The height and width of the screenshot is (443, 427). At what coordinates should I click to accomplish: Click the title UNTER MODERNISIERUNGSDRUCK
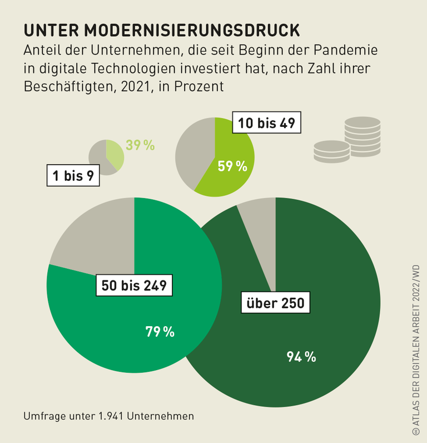(161, 30)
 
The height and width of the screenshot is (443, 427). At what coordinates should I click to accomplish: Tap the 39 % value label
(140, 145)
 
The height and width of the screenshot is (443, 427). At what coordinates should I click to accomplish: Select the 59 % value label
(232, 166)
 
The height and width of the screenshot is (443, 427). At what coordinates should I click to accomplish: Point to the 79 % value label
(160, 332)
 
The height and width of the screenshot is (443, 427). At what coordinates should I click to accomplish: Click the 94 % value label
(301, 357)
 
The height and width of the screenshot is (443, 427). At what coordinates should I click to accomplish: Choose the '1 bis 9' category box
(72, 176)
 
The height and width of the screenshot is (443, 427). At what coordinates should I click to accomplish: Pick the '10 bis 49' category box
(266, 123)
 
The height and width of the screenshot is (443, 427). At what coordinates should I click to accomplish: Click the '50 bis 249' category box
(133, 286)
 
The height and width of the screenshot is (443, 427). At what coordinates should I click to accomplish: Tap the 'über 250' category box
(275, 303)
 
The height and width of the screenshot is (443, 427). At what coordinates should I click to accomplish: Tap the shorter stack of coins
(331, 151)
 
